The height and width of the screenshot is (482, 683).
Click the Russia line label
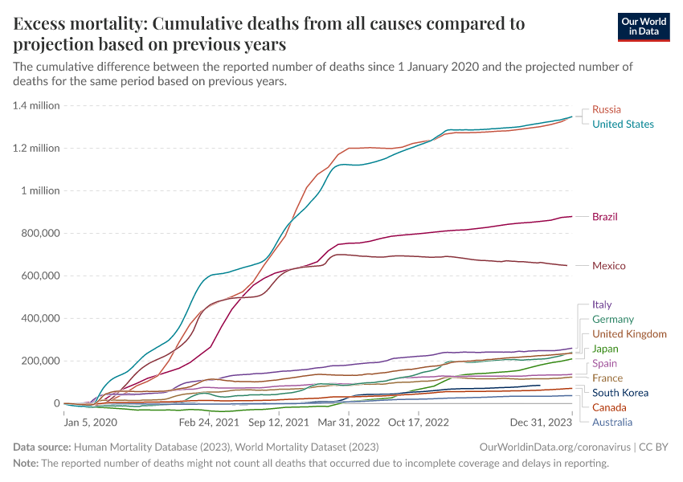[606, 109]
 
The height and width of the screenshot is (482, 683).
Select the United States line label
[623, 125]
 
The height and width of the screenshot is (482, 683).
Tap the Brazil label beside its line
[604, 217]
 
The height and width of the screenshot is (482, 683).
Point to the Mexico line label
[608, 266]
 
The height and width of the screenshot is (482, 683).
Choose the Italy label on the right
[602, 304]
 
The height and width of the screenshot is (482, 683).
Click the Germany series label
[613, 320]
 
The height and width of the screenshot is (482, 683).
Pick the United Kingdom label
[629, 334]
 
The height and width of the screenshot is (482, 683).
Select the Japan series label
[605, 349]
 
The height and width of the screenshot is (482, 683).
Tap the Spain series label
[605, 364]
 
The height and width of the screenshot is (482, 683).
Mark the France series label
[607, 378]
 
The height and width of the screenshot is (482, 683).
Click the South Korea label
[620, 393]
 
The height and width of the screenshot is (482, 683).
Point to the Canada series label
[609, 407]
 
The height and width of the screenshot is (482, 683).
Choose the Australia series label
[612, 423]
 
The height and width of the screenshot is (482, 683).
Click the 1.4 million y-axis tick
[37, 105]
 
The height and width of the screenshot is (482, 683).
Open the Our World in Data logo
[643, 26]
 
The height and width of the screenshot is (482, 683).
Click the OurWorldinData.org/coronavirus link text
[550, 446]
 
